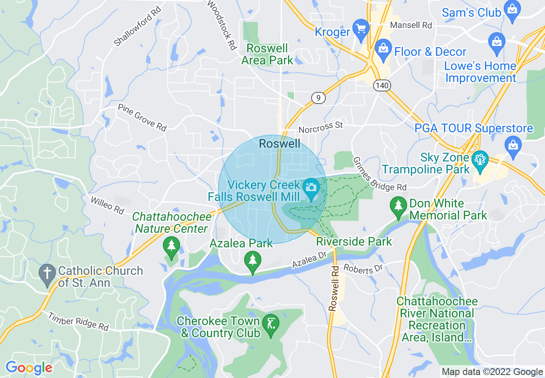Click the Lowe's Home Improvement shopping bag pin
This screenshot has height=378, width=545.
coord(497,43)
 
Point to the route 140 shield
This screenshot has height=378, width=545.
coord(382,86)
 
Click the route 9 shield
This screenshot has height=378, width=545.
coord(318,98)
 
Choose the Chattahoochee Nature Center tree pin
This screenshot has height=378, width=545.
coord(171,247)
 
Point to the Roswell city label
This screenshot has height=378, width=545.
coord(280,143)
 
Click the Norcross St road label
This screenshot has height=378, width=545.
coord(321,126)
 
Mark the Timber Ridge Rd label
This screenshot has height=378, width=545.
coord(78,321)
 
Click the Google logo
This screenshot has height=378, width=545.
coord(29,368)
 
